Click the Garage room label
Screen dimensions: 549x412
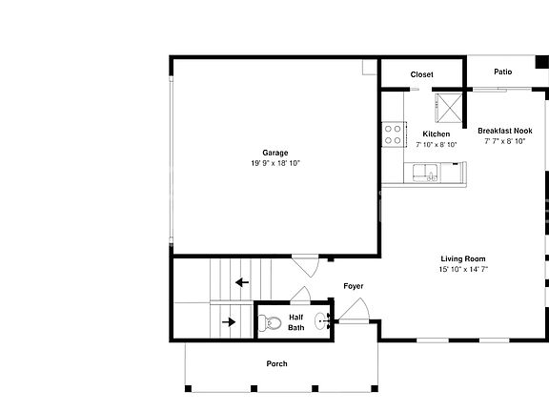(275, 153)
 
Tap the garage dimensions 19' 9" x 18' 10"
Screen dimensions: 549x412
(275, 163)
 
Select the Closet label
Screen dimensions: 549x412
(421, 74)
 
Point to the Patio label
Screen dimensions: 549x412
(503, 72)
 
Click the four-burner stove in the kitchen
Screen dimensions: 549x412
(395, 134)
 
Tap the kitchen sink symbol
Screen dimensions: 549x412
(425, 173)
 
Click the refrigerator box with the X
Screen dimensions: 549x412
(449, 108)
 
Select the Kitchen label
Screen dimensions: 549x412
(437, 134)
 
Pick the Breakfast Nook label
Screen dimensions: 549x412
(505, 131)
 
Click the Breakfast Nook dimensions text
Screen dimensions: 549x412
(505, 141)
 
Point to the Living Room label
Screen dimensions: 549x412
(463, 258)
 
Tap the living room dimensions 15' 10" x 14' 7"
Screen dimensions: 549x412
(463, 269)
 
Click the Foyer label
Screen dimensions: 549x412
(354, 286)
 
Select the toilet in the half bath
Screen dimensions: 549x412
(270, 322)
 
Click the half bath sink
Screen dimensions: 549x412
(322, 321)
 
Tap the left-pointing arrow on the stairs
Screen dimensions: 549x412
(242, 282)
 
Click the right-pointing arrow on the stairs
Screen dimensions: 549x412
(229, 322)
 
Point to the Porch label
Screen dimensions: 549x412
(277, 363)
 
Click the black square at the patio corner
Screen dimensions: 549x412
(542, 62)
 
